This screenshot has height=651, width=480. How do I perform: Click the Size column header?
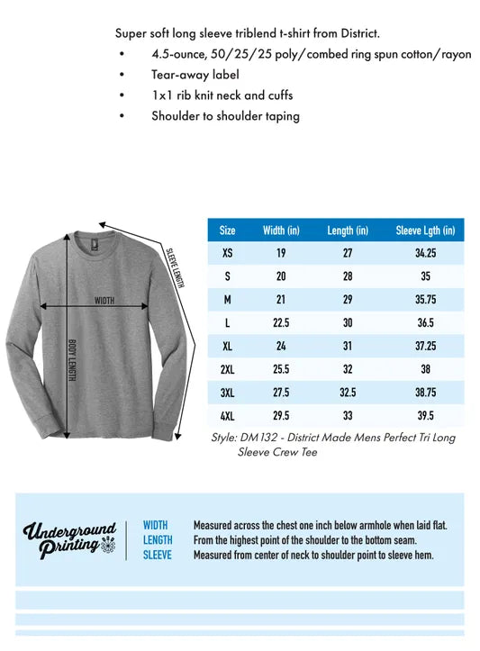coord(227,231)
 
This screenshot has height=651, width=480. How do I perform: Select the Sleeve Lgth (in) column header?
coord(425,231)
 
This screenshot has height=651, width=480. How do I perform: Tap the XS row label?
coord(227,253)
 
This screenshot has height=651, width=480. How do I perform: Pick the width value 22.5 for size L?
coord(281,322)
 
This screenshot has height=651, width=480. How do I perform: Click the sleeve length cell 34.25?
coord(425,253)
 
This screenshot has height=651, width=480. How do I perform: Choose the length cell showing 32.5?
coord(348,393)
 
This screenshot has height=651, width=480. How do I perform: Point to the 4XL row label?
coord(227,415)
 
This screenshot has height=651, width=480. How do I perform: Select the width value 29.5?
coord(281,415)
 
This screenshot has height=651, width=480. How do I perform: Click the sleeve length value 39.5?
coord(425,415)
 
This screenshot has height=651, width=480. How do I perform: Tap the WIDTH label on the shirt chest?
coord(104,301)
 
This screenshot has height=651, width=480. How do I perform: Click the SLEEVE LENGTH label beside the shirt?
coord(176,267)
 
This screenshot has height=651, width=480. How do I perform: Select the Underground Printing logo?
coord(70,540)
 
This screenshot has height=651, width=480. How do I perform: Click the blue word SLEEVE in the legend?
coord(158,555)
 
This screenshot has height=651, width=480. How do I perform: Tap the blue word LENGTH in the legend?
coord(158,540)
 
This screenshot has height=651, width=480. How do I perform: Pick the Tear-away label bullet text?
coord(183,75)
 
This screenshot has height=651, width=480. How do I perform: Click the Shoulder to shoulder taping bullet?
coord(225,115)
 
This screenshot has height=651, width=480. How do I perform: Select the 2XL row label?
coord(227,369)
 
